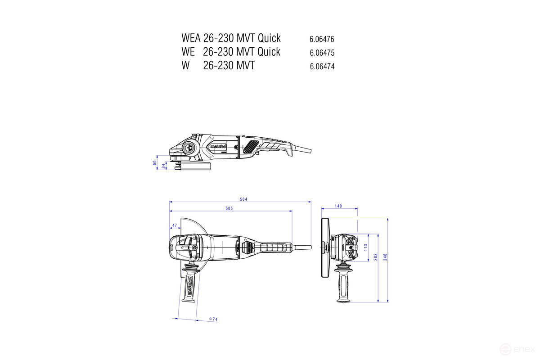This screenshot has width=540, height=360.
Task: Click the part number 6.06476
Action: click(x=322, y=39)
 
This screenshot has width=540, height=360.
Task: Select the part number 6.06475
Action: click(x=322, y=53)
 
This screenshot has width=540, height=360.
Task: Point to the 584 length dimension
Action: click(x=244, y=199)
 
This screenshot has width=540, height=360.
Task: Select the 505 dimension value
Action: click(x=229, y=208)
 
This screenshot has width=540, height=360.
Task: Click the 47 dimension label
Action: click(x=174, y=225)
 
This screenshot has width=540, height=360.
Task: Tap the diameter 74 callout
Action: click(x=213, y=319)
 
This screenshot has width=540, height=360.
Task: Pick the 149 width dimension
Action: click(x=338, y=206)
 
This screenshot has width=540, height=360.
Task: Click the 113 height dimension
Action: click(x=366, y=247)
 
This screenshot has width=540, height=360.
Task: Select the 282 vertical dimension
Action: click(x=376, y=257)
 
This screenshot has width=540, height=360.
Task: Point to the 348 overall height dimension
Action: click(x=386, y=257)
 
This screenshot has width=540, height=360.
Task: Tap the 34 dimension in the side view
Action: click(x=163, y=166)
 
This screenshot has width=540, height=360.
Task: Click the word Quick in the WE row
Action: click(x=269, y=51)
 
